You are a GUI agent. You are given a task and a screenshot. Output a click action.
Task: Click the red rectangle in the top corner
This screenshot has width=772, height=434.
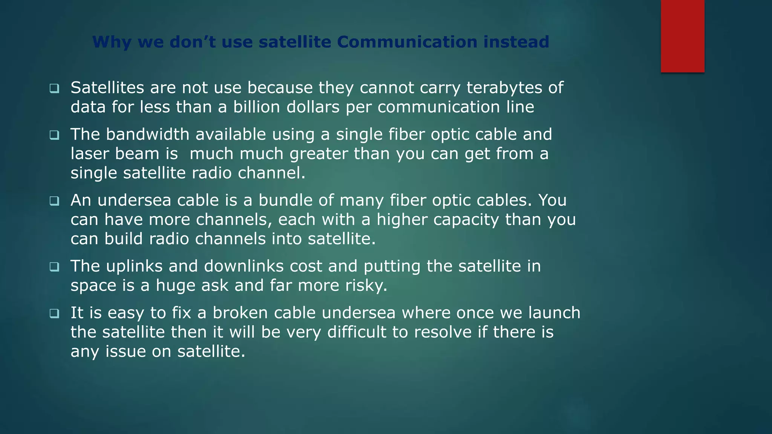tap(682, 36)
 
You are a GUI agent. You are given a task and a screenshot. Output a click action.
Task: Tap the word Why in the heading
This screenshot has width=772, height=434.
tap(112, 42)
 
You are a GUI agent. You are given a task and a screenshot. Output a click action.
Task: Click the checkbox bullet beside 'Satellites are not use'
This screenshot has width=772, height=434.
tap(54, 89)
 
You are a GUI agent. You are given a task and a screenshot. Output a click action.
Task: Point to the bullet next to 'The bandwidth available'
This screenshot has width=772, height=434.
tap(54, 135)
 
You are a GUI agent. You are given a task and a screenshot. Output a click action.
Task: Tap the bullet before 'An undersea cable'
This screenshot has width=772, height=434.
tap(54, 201)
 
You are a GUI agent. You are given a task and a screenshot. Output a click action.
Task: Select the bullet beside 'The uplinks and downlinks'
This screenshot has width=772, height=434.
tap(54, 267)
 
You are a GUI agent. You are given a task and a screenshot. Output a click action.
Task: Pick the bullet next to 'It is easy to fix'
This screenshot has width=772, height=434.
tap(54, 313)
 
